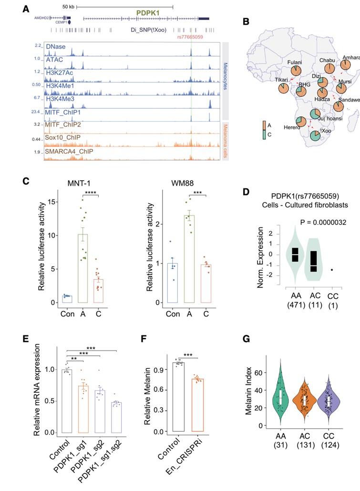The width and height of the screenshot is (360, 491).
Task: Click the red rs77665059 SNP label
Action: [190, 36]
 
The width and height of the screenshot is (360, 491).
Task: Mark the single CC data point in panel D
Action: [332, 269]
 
